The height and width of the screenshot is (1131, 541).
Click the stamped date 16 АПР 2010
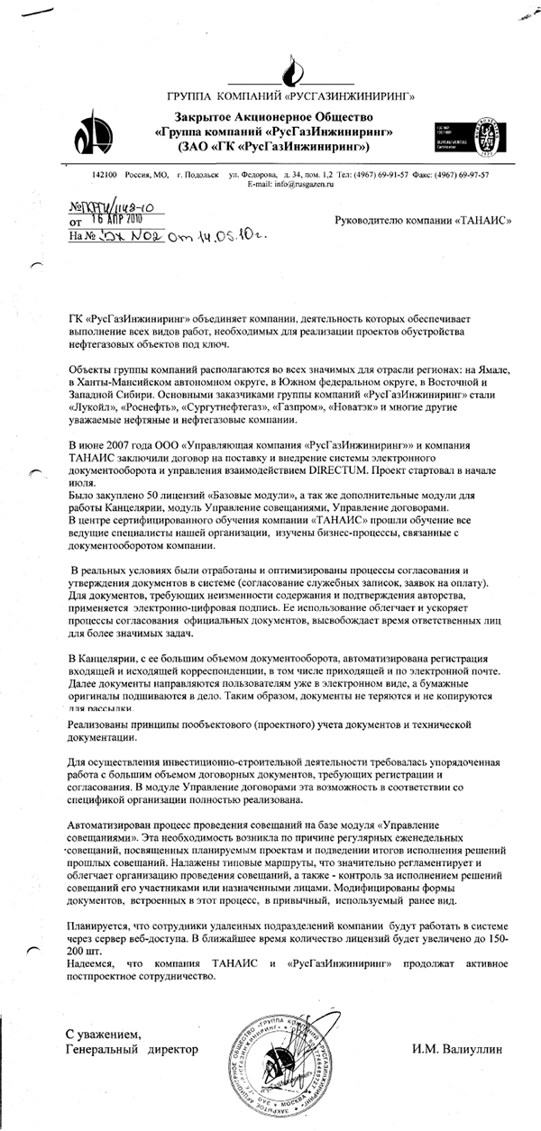(111, 219)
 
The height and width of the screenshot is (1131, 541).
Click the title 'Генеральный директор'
(131, 1051)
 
